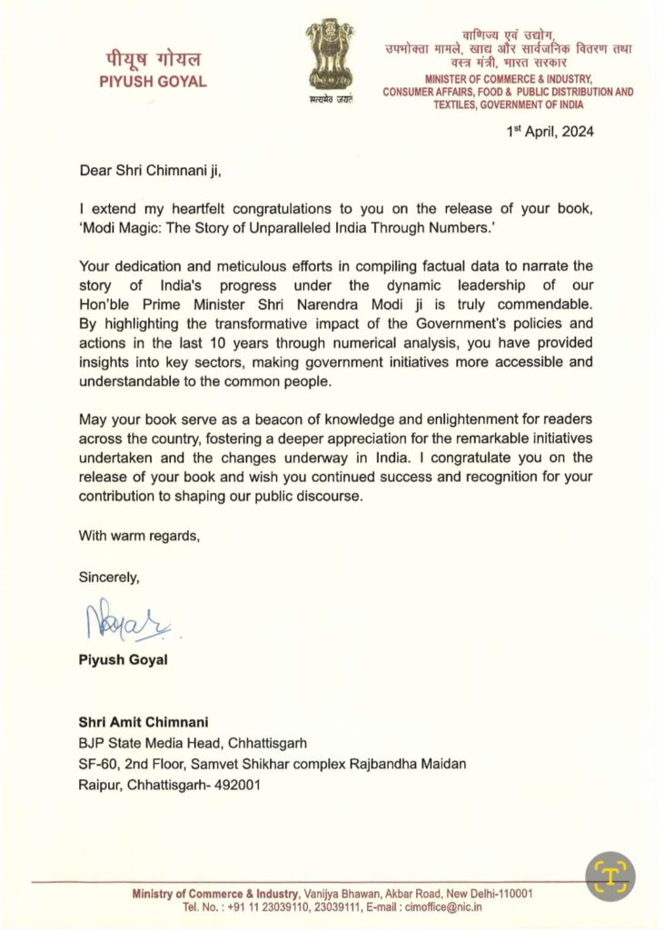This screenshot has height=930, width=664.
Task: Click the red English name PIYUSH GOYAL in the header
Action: pyautogui.click(x=152, y=82)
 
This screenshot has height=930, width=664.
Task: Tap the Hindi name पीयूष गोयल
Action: pyautogui.click(x=152, y=59)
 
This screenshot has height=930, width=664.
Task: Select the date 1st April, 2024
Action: pyautogui.click(x=550, y=132)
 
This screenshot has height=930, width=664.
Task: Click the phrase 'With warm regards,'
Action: pyautogui.click(x=139, y=535)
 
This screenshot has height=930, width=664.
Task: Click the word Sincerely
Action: pyautogui.click(x=109, y=577)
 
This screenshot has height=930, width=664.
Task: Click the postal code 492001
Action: pyautogui.click(x=237, y=785)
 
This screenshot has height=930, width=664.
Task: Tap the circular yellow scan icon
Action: pyautogui.click(x=609, y=876)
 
